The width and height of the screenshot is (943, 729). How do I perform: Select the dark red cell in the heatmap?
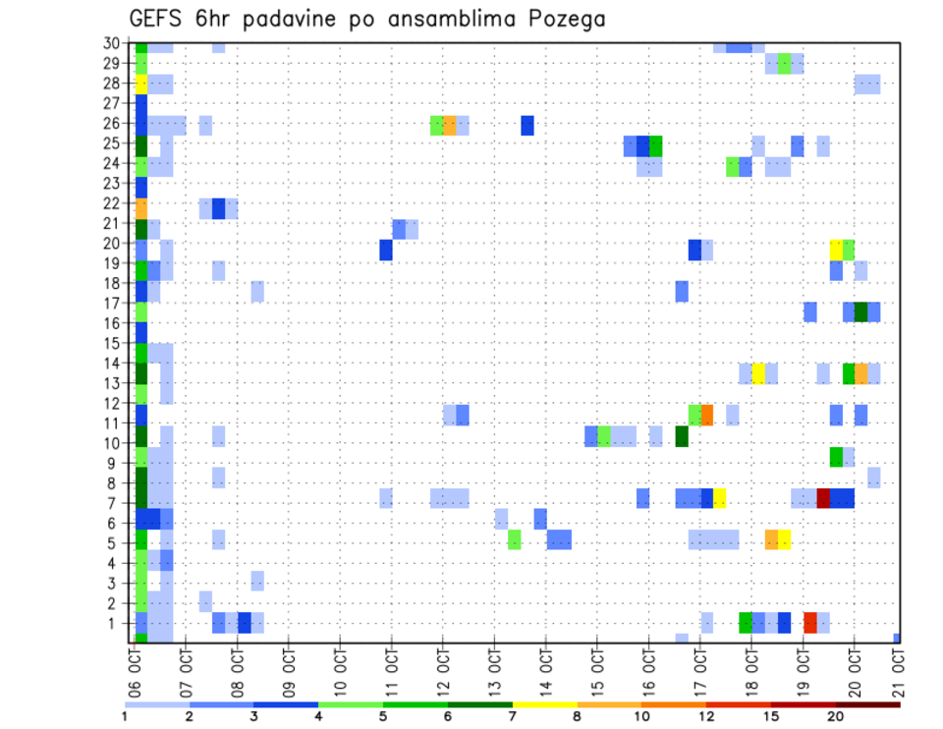[823, 498]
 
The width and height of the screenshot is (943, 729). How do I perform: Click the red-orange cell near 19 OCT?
[810, 622]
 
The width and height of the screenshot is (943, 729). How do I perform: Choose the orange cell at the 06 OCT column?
[141, 208]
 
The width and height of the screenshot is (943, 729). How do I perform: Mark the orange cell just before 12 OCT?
[450, 126]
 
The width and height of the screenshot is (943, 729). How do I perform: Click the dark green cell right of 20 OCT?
[861, 311]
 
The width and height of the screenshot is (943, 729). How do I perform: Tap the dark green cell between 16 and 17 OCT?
[682, 436]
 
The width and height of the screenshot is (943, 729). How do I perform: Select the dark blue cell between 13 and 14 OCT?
[527, 126]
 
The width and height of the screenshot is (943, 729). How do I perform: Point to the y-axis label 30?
[113, 43]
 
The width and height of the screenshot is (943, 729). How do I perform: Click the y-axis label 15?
[113, 344]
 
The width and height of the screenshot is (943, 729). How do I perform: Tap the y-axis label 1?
[117, 623]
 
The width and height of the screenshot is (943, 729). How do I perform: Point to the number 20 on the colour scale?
[836, 717]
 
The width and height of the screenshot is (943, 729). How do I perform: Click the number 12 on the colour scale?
[706, 717]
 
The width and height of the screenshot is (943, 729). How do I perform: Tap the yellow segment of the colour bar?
[544, 704]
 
